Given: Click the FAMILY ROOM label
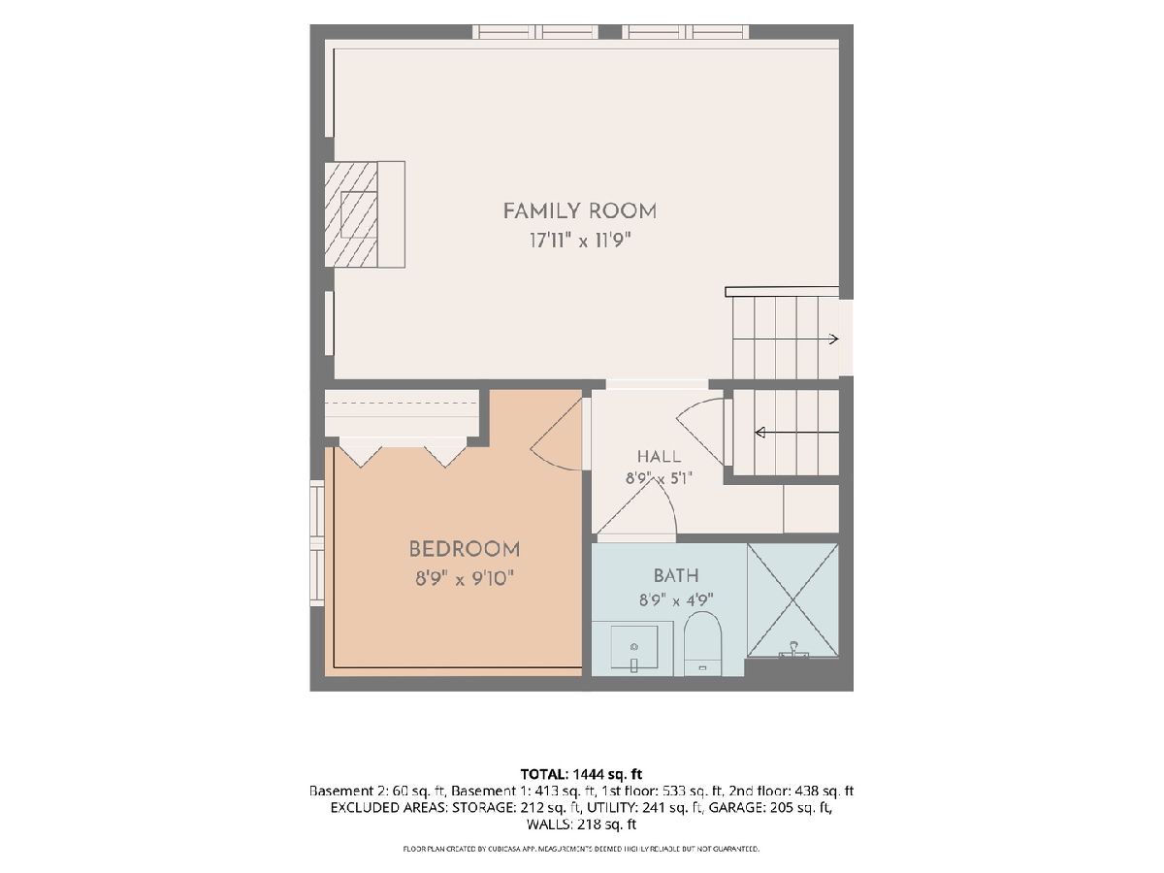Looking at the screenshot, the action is [579, 210].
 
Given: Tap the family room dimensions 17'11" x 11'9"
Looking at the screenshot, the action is [580, 242].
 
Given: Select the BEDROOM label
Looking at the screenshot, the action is [465, 549].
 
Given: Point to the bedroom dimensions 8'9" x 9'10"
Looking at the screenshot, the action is [465, 579].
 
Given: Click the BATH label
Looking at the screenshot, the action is [676, 575].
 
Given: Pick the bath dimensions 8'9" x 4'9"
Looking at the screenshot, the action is [676, 600].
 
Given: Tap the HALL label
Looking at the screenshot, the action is [660, 456].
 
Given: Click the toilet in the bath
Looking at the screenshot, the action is [702, 644].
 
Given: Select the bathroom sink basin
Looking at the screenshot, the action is [634, 647].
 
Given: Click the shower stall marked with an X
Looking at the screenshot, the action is [792, 600].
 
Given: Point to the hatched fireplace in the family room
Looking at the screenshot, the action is [351, 214].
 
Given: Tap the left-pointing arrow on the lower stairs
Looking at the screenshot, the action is [797, 433].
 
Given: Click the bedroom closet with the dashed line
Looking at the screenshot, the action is [402, 413].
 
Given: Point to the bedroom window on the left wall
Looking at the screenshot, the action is [317, 543].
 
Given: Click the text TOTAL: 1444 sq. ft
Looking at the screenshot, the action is [581, 774].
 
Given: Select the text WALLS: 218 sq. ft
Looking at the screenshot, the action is [581, 824].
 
